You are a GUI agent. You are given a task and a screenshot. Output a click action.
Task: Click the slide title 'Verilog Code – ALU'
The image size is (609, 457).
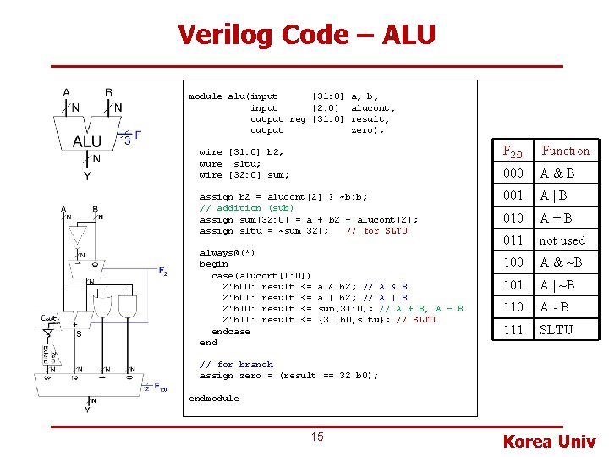point(306,35)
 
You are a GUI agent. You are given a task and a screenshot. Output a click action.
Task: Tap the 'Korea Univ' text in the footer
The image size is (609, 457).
point(549,441)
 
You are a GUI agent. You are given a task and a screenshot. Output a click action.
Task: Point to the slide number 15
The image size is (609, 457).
point(316,437)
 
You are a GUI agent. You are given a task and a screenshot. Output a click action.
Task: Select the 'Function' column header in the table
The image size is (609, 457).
point(565,151)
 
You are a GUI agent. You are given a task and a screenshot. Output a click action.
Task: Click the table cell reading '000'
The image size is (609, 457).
point(513,173)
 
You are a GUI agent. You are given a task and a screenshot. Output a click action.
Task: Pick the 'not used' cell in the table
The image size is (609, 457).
point(562,240)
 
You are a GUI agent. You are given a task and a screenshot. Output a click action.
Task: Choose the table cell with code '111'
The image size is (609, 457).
point(513,329)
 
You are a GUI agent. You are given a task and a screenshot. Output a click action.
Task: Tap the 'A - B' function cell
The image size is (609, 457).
point(556,307)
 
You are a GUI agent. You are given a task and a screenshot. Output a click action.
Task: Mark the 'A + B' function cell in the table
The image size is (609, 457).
point(557,218)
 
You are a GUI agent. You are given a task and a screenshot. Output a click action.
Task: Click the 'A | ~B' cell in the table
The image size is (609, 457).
point(561,285)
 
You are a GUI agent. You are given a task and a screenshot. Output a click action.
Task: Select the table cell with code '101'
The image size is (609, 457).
point(513,285)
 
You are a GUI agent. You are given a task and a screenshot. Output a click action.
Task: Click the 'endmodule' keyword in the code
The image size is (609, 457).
point(213,398)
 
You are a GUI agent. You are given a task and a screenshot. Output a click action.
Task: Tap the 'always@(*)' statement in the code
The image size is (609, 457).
point(227,252)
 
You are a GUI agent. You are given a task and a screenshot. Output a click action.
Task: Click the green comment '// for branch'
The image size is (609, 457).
point(236,365)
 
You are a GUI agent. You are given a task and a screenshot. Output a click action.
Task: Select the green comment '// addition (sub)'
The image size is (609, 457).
point(246,207)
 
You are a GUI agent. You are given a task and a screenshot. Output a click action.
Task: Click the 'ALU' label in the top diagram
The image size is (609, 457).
point(86,141)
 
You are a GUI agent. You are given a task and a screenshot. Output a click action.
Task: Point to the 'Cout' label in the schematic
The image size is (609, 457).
point(49,318)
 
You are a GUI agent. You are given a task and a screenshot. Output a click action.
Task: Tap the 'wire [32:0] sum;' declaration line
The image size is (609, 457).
point(244,175)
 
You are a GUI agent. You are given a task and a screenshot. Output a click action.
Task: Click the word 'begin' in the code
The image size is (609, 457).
point(213,263)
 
